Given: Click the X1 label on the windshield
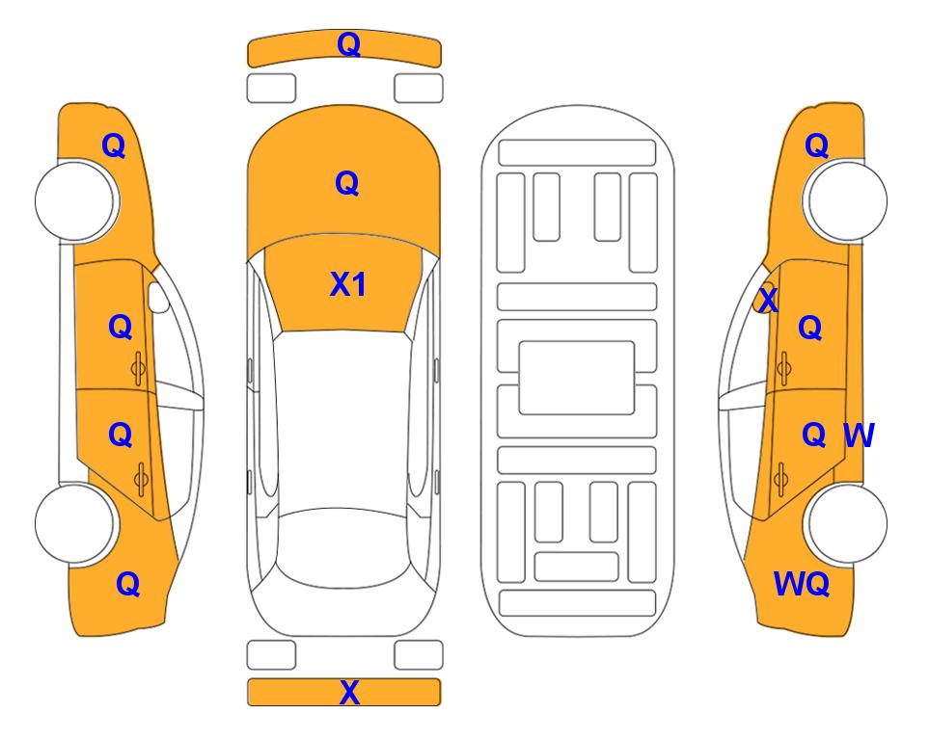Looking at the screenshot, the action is tap(348, 285).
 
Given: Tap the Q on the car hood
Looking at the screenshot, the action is tap(347, 183).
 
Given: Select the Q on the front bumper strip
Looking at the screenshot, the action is tap(349, 45).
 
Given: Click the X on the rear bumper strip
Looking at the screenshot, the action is tap(349, 693).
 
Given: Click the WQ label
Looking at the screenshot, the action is tap(802, 584).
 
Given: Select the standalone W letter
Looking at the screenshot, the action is tap(859, 436).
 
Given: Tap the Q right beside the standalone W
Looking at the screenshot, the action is tap(814, 436).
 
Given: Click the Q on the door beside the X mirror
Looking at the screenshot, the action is tap(810, 328).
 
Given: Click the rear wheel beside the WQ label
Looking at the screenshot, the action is tap(845, 523).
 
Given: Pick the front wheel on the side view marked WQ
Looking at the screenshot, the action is tap(845, 200).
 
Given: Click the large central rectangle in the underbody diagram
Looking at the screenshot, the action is tap(577, 378).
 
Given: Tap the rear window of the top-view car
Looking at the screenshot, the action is tap(347, 547).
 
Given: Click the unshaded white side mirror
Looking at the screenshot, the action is tap(158, 297).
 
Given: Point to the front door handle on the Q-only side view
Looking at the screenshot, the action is tap(138, 368).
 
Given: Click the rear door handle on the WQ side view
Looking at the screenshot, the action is tap(780, 479).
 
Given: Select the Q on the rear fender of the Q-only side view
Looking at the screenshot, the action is tap(128, 584).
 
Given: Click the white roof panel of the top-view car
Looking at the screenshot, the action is tap(347, 420).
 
